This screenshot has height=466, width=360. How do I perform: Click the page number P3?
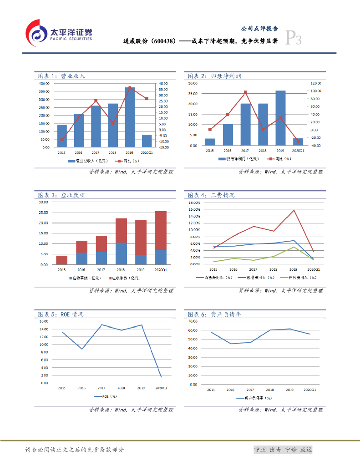pos(294,38)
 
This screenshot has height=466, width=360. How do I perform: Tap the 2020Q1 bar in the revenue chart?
pos(147,141)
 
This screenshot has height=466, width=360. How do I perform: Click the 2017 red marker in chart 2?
pos(245,92)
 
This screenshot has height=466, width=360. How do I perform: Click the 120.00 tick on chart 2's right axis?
pos(316,84)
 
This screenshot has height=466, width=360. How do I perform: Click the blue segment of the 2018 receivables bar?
pos(121,253)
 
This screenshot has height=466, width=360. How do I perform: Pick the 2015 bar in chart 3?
pos(61,260)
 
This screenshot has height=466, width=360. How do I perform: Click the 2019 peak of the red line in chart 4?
pos(294,210)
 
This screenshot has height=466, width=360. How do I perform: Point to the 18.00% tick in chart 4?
pos(194,203)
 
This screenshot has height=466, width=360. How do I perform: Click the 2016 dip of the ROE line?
pos(81,349)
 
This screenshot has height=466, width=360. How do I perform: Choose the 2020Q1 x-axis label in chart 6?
pos(309,390)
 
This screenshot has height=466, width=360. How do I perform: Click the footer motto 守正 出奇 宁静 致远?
pos(283,450)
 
